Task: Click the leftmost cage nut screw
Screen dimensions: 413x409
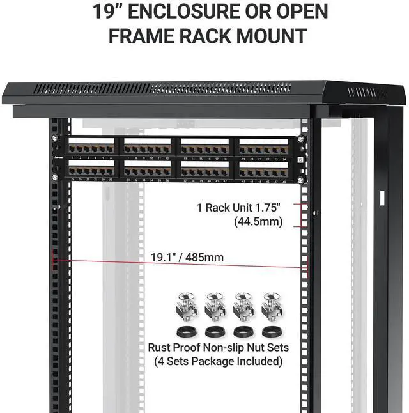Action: (x=185, y=306)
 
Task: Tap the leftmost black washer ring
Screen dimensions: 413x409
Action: (x=186, y=332)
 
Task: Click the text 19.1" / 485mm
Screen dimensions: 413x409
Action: (x=187, y=257)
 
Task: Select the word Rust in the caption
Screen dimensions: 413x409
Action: (x=160, y=348)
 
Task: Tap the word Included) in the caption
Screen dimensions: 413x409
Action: (x=258, y=361)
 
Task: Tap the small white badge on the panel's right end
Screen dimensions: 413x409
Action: (x=300, y=160)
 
